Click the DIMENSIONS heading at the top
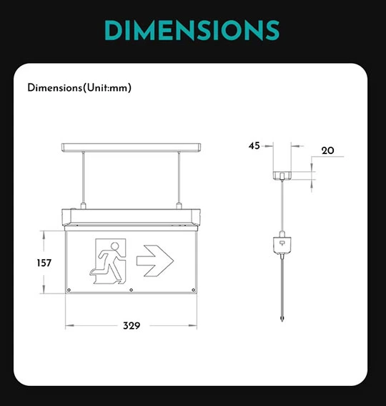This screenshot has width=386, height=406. (x=192, y=29)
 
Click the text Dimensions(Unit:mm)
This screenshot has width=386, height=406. (x=79, y=88)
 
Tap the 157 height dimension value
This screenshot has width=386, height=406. (x=44, y=263)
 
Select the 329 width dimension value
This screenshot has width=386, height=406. (x=131, y=325)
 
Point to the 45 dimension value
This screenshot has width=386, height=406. (x=254, y=145)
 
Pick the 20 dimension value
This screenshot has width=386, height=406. (x=328, y=150)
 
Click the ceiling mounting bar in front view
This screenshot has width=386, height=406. (x=132, y=148)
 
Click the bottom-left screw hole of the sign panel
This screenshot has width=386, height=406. (x=69, y=290)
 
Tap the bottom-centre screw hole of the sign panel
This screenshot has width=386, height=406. (x=132, y=290)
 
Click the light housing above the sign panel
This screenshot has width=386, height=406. (x=132, y=216)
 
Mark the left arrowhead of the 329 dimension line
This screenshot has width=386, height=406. (x=68, y=325)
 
